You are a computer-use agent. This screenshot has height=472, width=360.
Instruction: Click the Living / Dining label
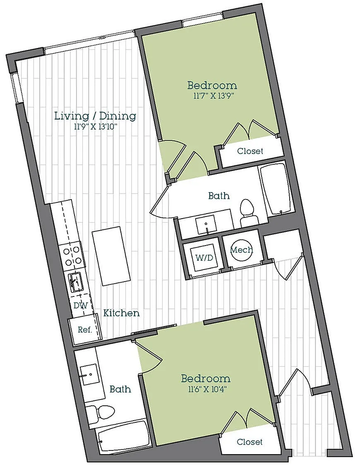pos(95,116)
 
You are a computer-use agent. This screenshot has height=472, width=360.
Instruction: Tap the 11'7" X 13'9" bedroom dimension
pos(212,96)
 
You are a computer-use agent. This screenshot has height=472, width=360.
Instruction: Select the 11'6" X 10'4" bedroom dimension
pos(206,389)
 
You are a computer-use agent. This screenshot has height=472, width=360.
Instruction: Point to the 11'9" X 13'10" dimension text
pos(95,127)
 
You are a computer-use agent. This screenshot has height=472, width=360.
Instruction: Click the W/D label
pos(204,258)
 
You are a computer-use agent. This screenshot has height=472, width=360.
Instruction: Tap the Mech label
pos(242,250)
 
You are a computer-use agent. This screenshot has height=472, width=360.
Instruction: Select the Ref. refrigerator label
pos(85,330)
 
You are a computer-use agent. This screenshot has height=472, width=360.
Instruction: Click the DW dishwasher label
pos(81,306)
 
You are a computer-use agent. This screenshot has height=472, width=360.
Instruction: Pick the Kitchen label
pos(122,313)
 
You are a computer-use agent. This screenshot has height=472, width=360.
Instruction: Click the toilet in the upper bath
pos(248,212)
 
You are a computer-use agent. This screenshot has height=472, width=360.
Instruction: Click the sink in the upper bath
pos(206,224)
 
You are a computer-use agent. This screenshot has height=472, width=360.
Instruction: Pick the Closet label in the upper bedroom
pos(250,151)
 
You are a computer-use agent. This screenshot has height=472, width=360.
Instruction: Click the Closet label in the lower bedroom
pos(250,442)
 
